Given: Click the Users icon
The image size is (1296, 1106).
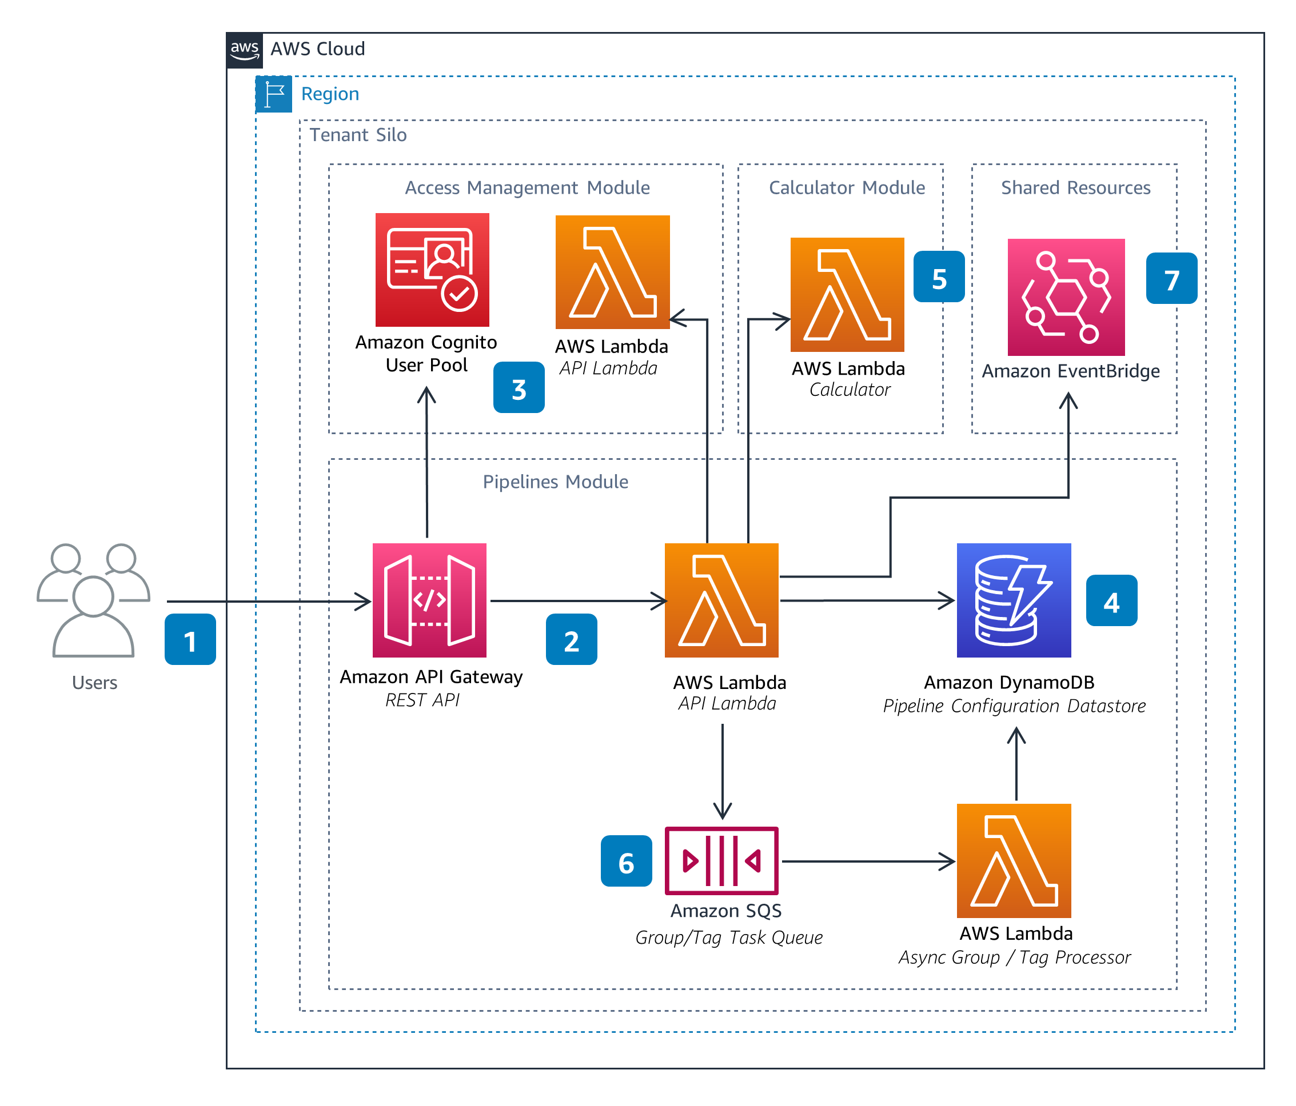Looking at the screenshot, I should [93, 600].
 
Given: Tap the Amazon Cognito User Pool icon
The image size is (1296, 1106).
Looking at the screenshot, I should [432, 270].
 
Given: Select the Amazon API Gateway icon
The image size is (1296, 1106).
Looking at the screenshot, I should [429, 600].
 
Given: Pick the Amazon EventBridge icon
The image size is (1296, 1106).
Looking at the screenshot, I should [1066, 297].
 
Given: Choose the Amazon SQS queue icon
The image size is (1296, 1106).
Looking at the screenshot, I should [721, 860].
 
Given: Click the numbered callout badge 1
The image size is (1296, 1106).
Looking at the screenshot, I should [190, 639].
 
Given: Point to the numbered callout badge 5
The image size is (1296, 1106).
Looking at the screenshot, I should [938, 277].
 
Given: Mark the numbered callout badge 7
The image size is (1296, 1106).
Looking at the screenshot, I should [1171, 278].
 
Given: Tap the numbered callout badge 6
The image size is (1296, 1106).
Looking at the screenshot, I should [626, 861].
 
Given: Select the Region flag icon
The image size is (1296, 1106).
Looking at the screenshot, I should [274, 94].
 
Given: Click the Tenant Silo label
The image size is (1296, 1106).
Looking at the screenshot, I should [358, 135].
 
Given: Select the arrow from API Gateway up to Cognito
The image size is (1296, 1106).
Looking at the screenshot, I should [426, 463].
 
